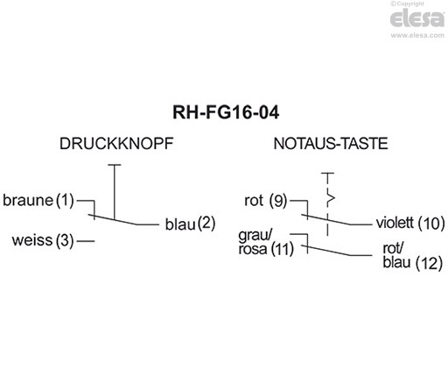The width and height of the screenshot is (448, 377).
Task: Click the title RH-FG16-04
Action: (223, 113)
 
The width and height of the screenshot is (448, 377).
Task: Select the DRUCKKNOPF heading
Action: (109, 142)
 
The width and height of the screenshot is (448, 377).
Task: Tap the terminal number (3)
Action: (66, 239)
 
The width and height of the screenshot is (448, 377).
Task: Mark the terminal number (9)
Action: (278, 201)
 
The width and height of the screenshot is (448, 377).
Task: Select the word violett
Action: (394, 223)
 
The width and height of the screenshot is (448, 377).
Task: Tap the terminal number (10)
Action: (432, 223)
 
